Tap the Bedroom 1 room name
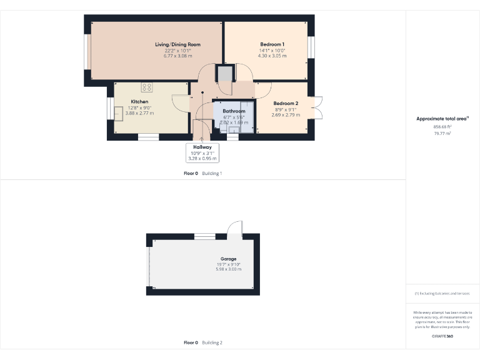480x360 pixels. coord(272,44)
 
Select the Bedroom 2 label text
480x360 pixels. coord(285,103)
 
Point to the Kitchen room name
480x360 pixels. coord(139,101)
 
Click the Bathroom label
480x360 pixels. coord(234,111)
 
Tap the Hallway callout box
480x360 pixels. coord(202,152)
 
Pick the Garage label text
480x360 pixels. coord(228,258)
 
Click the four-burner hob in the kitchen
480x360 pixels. coord(147,87)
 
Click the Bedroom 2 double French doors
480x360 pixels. coord(317,107)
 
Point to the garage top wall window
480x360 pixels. coord(204,236)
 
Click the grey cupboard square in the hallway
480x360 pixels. coord(224,74)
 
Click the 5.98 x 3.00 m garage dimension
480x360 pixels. coord(228,269)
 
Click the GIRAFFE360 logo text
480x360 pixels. coord(442,336)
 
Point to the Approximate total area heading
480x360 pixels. coord(442,118)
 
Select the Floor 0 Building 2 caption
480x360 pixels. coord(203,342)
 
